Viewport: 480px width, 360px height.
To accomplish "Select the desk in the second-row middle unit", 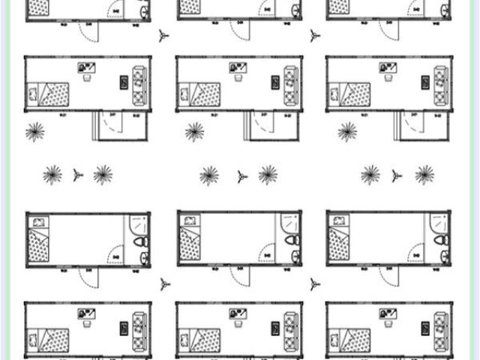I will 238,69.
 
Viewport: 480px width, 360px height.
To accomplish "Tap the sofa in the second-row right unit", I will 440,83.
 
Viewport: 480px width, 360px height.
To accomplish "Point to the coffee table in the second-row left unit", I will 124,82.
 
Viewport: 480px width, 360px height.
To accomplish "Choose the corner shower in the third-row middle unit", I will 290,223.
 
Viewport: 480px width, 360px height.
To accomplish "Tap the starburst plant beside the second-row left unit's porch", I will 34,132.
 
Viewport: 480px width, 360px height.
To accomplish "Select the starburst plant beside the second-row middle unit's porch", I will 195,132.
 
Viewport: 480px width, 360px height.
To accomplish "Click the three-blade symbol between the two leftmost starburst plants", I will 78,175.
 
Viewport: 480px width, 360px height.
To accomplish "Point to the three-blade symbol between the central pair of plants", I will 241,176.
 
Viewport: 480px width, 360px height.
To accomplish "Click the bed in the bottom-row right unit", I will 348,338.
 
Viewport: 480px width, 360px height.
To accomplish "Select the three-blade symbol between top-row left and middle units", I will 164,35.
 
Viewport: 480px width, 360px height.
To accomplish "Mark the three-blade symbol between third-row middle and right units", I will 314,284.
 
